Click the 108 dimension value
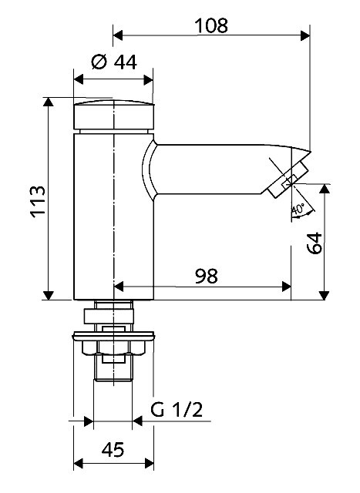[211, 25]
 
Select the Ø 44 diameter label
[114, 62]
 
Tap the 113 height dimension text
[38, 202]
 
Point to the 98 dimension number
[206, 276]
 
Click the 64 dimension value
[315, 243]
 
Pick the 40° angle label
[298, 210]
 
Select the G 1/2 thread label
[177, 409]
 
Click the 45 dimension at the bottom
[113, 450]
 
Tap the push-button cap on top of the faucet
[114, 115]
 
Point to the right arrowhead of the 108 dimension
[305, 35]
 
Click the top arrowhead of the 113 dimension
[48, 102]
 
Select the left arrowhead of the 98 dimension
[118, 287]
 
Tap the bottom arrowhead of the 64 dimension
[324, 295]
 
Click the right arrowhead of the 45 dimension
[149, 463]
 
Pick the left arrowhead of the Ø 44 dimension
[79, 79]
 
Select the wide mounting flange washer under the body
[113, 336]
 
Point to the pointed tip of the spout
[310, 152]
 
